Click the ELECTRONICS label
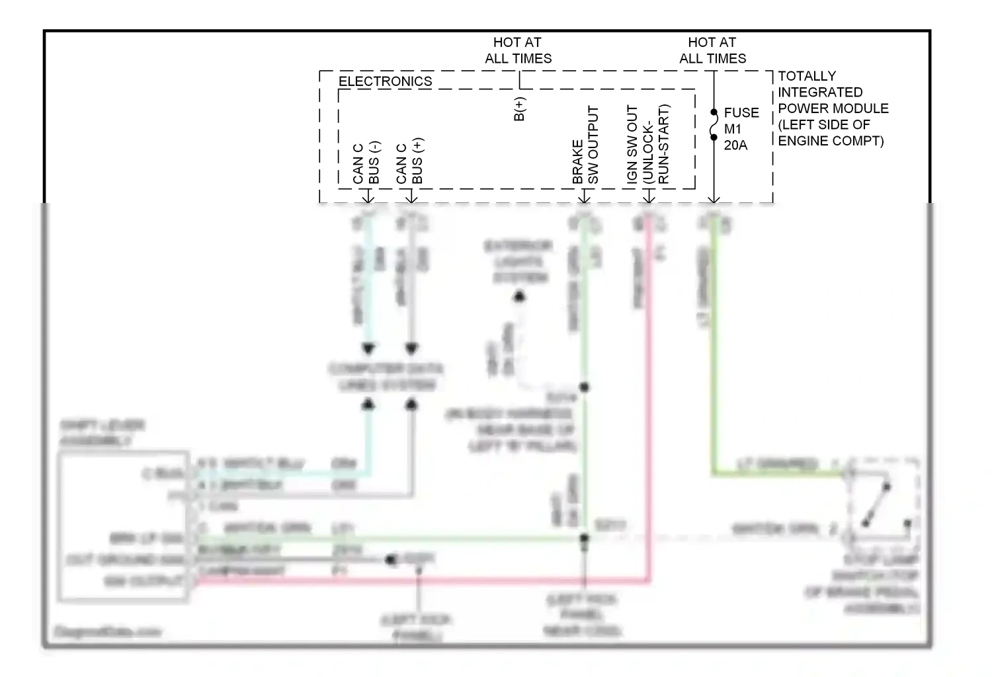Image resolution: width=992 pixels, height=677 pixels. (385, 81)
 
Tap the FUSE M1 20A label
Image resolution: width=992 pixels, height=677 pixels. (741, 129)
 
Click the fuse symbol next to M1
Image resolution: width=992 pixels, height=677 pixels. (714, 125)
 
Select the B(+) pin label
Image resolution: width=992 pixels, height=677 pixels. (519, 109)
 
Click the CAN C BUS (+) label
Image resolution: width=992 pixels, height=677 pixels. (409, 161)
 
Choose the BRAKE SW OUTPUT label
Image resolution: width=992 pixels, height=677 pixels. (585, 145)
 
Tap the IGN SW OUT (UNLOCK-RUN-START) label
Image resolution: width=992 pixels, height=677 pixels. (648, 144)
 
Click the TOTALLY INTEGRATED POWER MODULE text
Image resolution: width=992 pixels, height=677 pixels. (833, 108)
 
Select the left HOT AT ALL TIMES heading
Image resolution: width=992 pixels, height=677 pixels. (518, 50)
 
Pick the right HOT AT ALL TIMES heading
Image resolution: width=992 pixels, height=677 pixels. (712, 50)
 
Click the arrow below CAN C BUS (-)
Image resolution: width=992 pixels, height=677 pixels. (368, 196)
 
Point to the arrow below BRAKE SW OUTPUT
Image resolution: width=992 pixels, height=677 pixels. (584, 196)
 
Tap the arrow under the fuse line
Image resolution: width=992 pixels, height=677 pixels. (714, 197)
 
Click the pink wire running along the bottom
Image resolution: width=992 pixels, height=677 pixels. (423, 582)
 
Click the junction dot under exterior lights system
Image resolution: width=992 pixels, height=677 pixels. (519, 297)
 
